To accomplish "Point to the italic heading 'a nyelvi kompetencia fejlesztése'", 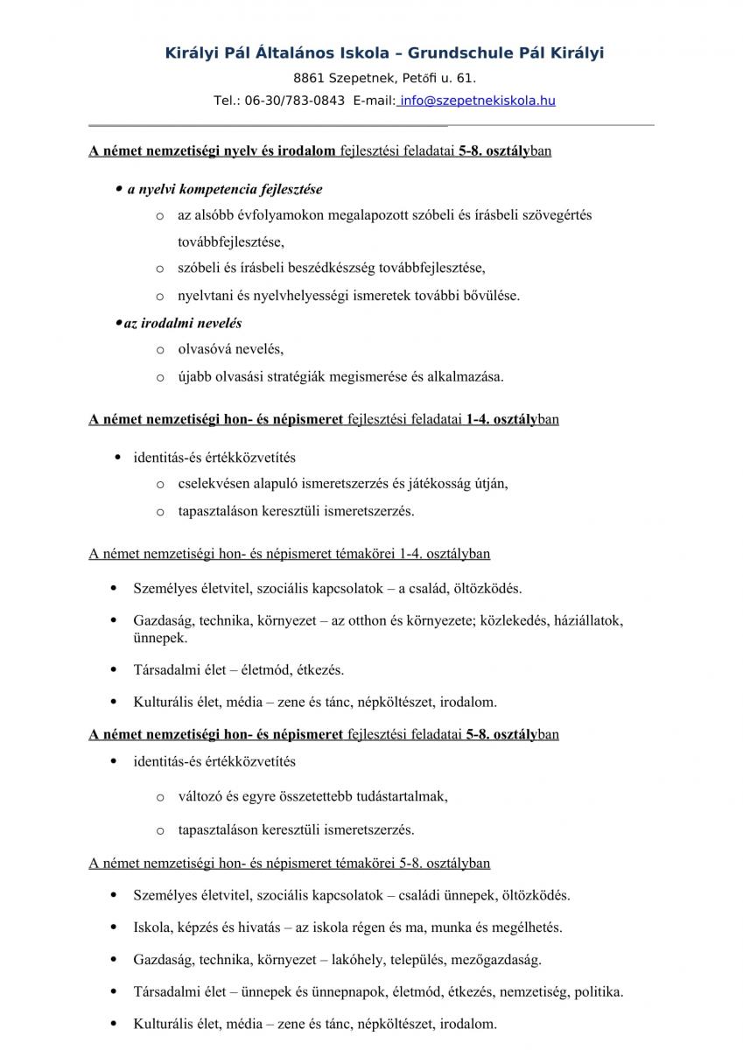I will coord(225,189).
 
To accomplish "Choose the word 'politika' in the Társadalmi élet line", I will coord(599,992).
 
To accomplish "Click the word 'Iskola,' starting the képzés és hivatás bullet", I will coord(154,927).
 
